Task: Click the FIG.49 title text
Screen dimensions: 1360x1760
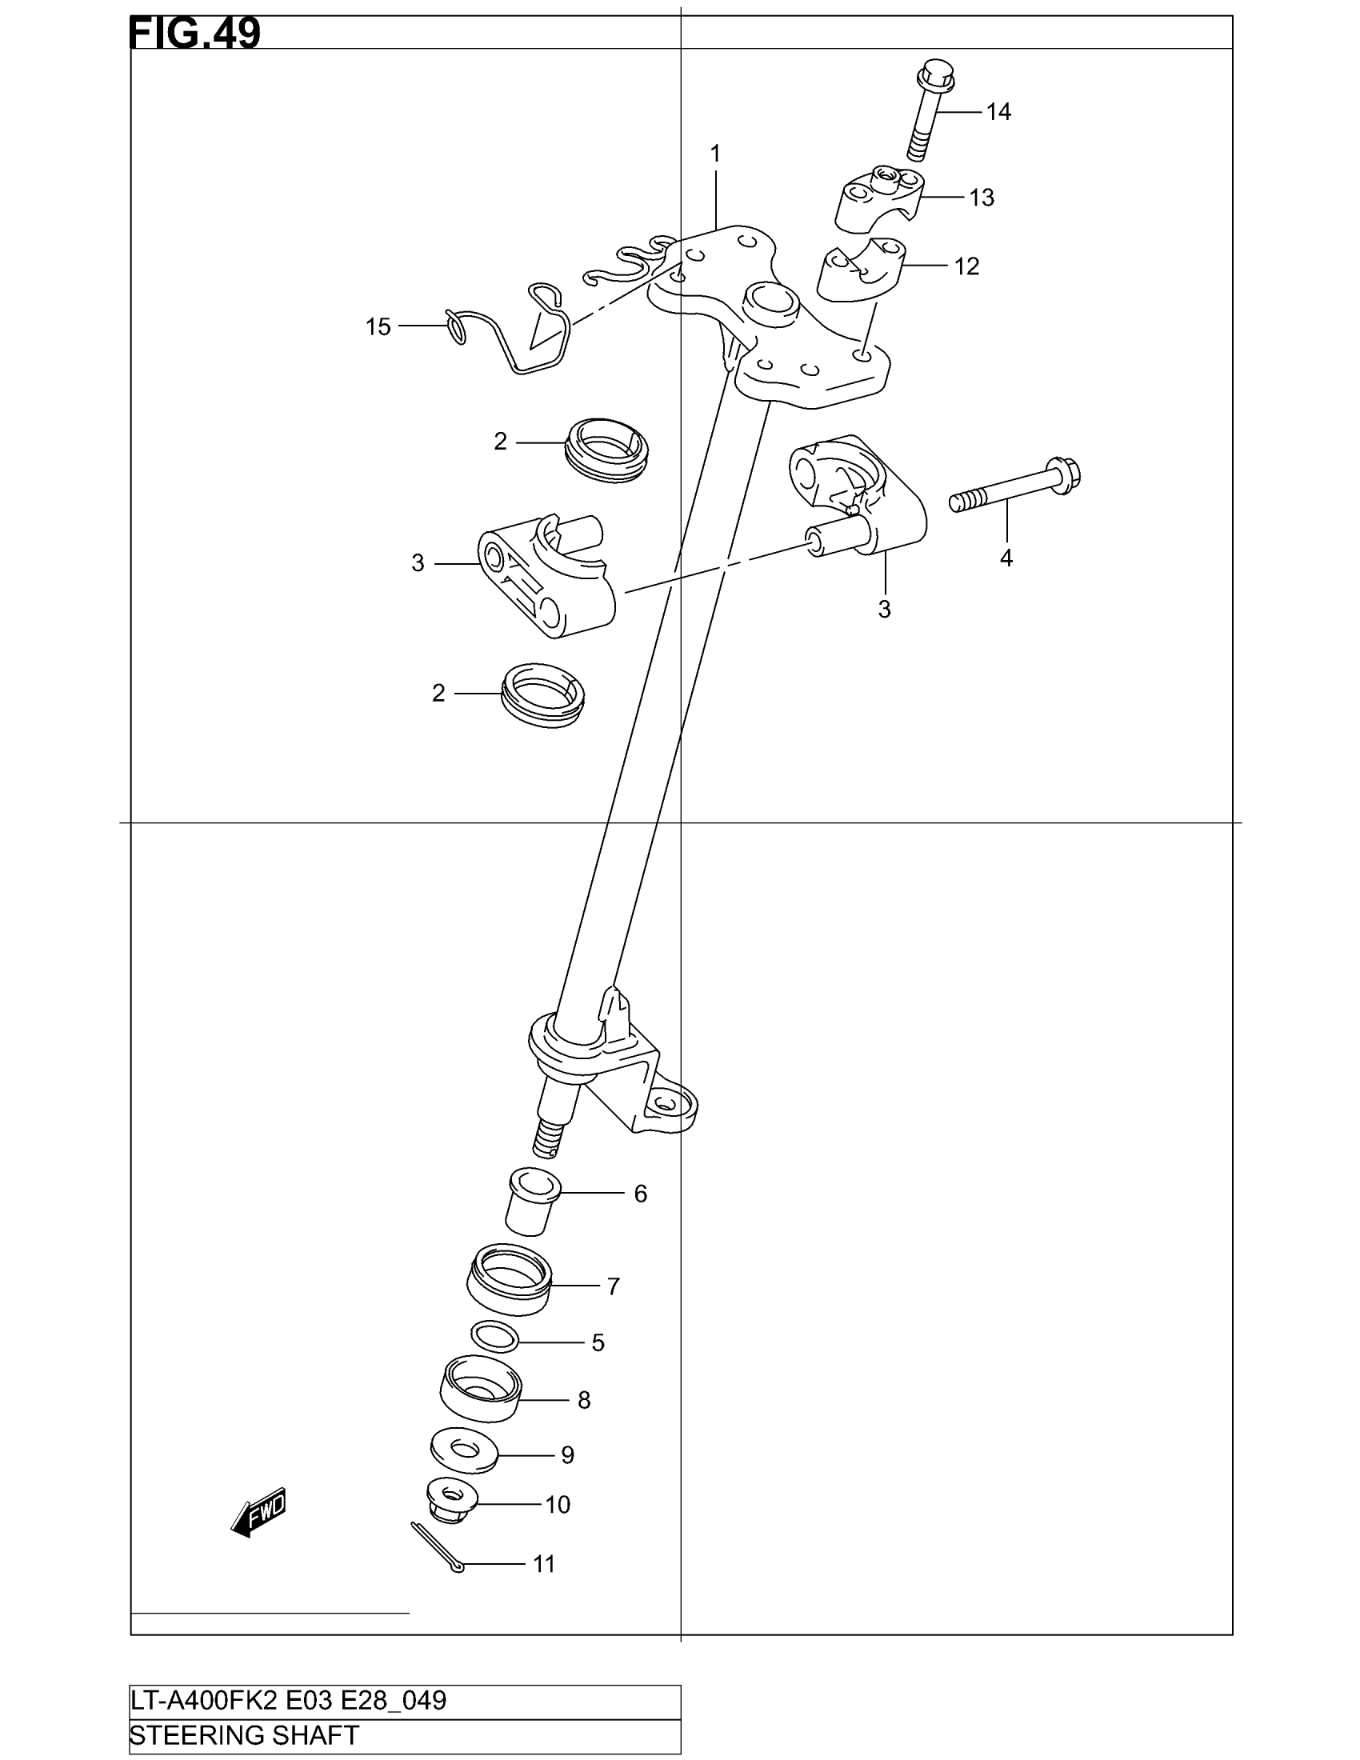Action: click(x=194, y=34)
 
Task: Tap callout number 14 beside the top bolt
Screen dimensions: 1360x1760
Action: click(x=998, y=112)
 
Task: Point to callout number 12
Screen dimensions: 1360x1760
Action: click(x=966, y=266)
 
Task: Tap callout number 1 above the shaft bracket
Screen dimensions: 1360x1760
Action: click(x=714, y=153)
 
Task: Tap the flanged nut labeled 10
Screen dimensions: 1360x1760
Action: click(x=451, y=1502)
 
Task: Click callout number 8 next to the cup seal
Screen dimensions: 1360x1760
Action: click(x=584, y=1401)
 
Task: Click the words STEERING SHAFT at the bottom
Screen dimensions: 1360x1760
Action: click(x=244, y=1735)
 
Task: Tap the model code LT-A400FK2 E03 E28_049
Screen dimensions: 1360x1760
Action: click(x=289, y=1700)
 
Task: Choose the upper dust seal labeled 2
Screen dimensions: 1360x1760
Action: click(x=608, y=450)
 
